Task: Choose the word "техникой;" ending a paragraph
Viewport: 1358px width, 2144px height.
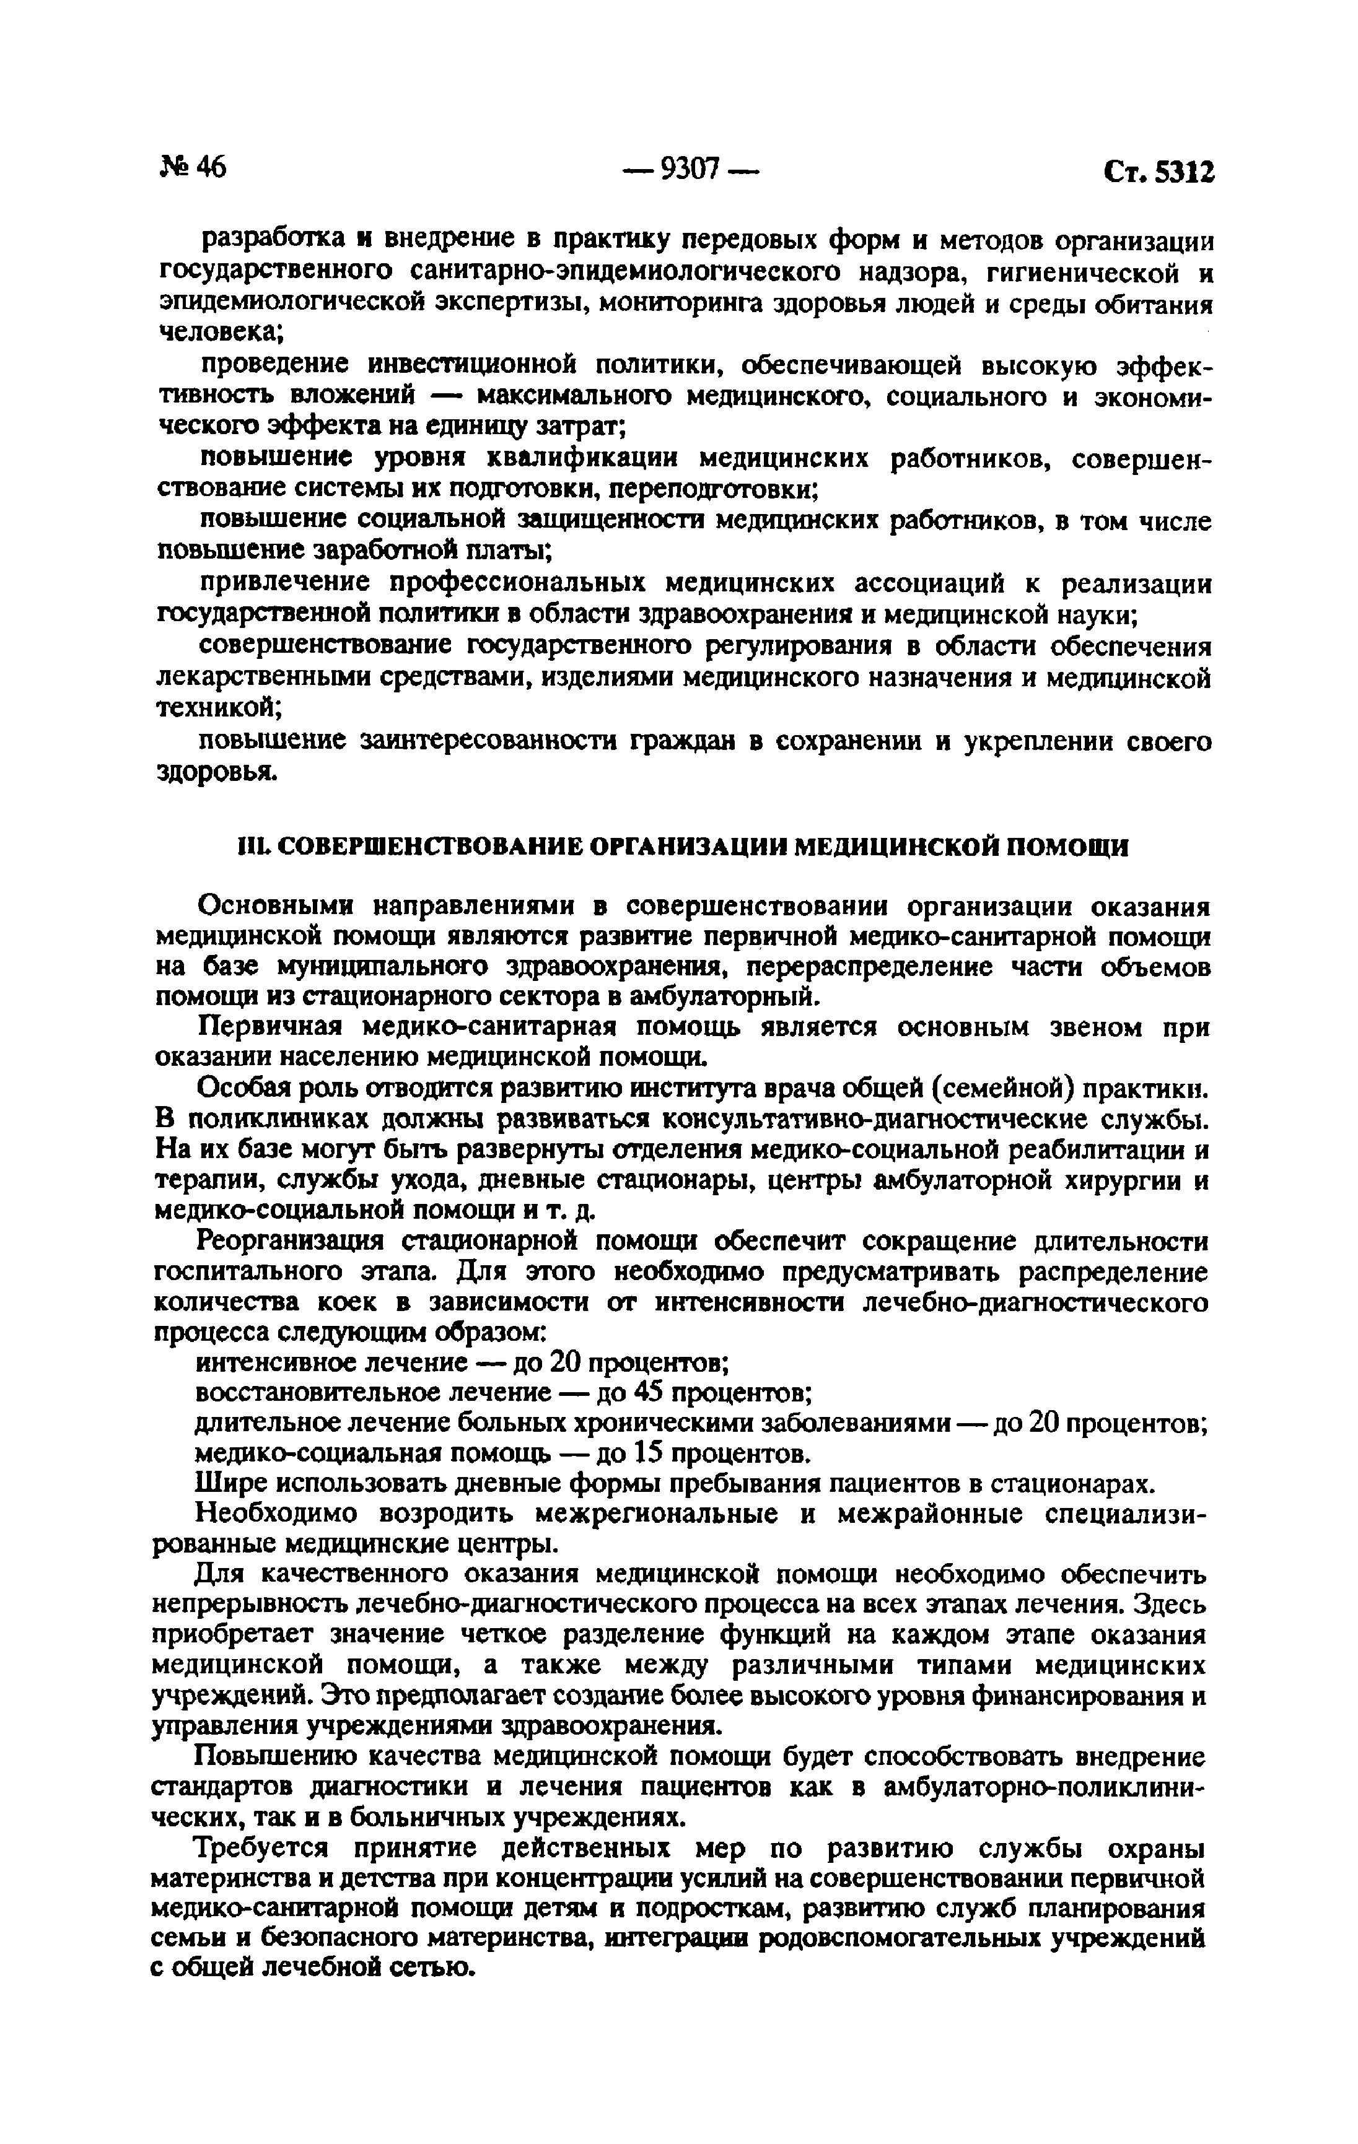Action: [x=220, y=708]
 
